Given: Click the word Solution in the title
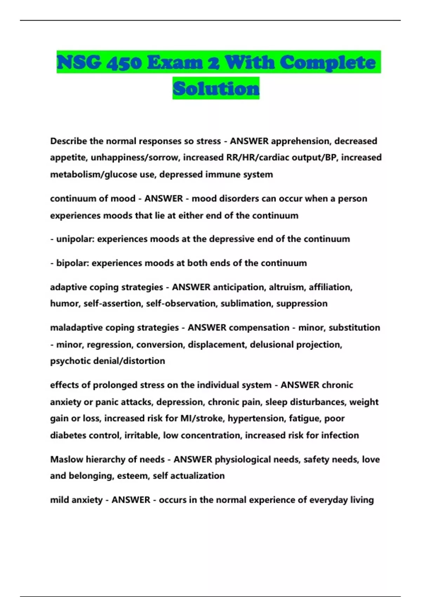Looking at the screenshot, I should point(216,88).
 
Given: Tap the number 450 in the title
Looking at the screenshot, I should point(124,63).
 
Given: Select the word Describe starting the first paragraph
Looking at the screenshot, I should point(68,141).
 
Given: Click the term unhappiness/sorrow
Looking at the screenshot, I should point(135,158).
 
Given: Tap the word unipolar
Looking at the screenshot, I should point(75,239).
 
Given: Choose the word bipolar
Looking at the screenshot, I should point(72,263).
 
